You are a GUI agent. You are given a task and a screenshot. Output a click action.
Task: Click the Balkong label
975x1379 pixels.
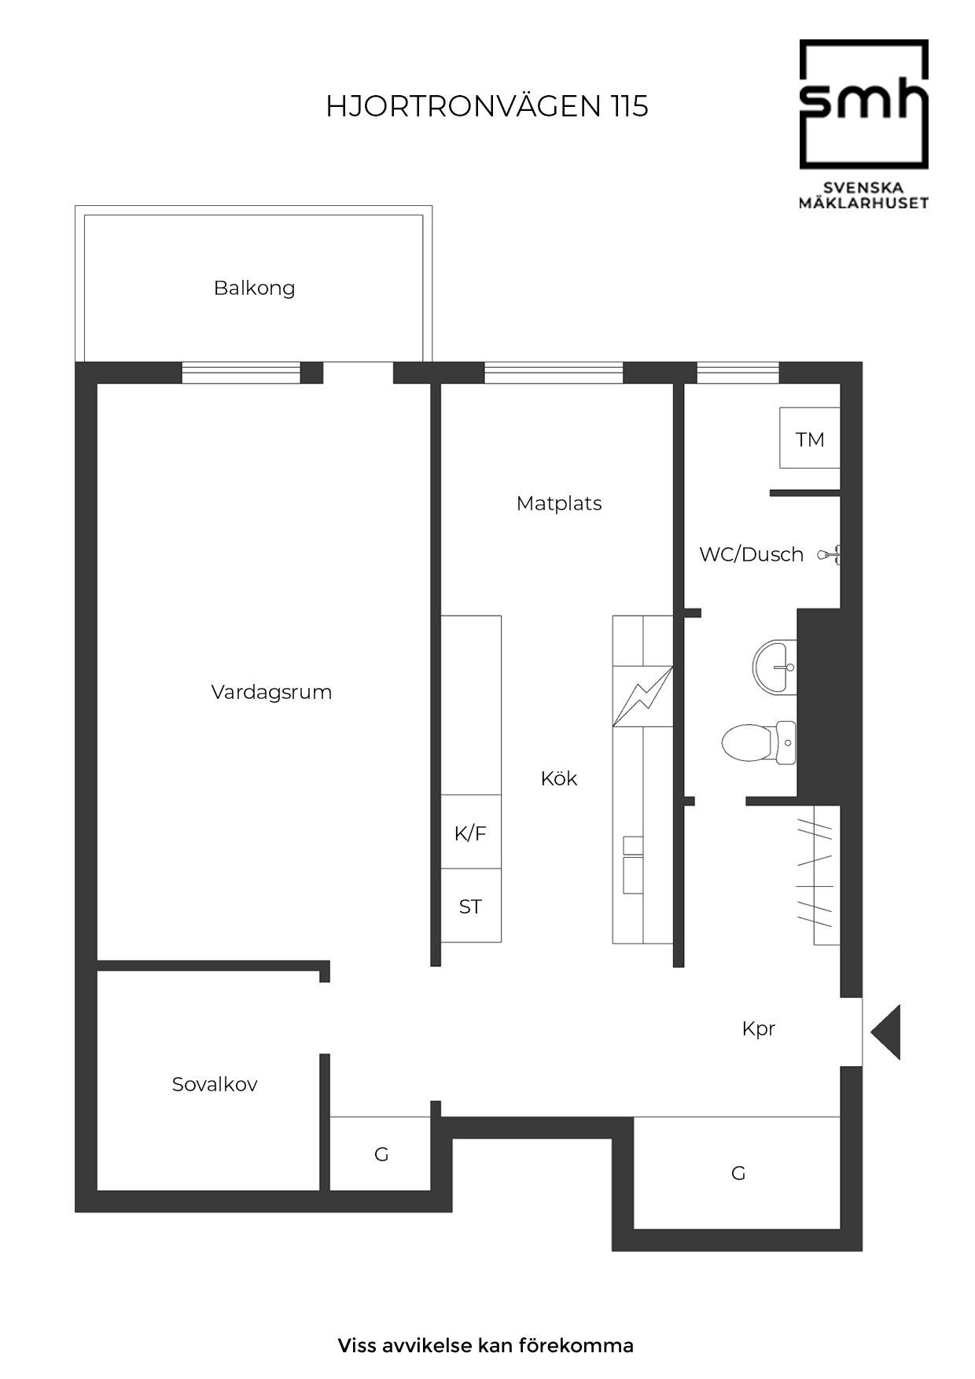(x=254, y=289)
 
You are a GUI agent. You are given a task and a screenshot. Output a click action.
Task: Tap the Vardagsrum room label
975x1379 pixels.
(x=271, y=693)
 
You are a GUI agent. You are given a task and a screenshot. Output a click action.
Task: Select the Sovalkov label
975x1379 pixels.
(x=215, y=1084)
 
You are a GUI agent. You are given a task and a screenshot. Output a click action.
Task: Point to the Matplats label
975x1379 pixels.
(x=559, y=504)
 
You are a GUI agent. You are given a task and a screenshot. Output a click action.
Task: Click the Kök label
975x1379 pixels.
(x=559, y=778)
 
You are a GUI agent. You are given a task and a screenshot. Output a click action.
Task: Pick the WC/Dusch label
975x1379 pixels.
(x=751, y=554)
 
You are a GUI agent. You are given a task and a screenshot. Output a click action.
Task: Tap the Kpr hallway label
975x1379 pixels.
(x=759, y=1029)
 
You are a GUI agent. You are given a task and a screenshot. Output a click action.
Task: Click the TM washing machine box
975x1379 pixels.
(x=810, y=438)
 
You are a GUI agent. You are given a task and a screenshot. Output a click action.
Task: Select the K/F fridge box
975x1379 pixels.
(x=470, y=832)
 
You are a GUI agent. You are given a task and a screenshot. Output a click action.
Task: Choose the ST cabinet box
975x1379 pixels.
(x=470, y=906)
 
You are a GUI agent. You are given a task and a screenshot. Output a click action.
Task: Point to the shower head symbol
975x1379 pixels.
(x=830, y=554)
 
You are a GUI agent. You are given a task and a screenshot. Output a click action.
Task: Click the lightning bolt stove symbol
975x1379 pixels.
(x=643, y=696)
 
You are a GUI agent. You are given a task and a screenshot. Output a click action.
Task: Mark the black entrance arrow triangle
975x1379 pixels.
(x=885, y=1031)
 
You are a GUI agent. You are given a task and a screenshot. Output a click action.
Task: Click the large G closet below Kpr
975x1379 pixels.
(x=738, y=1172)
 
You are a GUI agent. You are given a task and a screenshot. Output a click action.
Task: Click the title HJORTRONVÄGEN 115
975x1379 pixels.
(x=487, y=106)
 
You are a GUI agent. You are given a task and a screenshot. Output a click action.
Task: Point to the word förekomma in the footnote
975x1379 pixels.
(x=576, y=1345)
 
